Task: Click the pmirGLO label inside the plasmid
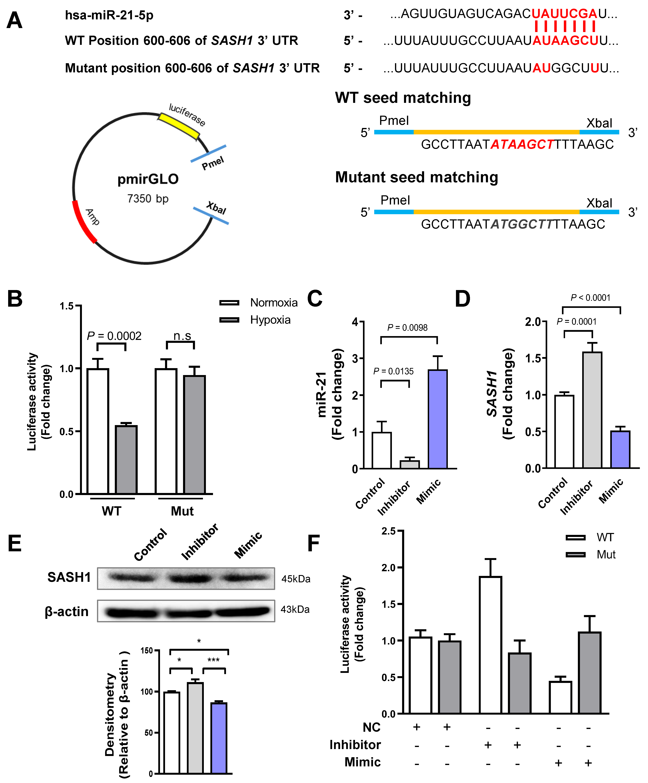(148, 179)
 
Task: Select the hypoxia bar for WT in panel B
(126, 459)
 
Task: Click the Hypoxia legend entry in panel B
(270, 320)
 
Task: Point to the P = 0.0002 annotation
(114, 336)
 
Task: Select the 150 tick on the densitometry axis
(147, 651)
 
